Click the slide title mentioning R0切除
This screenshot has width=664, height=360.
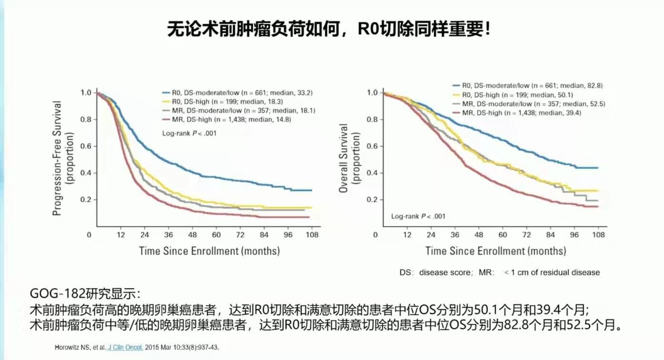pos(328,30)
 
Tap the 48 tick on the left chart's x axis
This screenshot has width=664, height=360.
pos(192,235)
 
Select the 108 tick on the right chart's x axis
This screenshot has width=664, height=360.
pos(598,235)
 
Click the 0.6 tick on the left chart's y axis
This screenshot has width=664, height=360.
pos(86,146)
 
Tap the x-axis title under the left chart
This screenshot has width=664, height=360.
pos(209,250)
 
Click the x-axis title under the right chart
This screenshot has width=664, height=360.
pos(496,250)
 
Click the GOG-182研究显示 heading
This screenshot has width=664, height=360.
pos(86,293)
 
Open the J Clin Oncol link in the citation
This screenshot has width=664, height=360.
pos(126,347)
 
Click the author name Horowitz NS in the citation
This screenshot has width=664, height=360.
pos(71,347)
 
